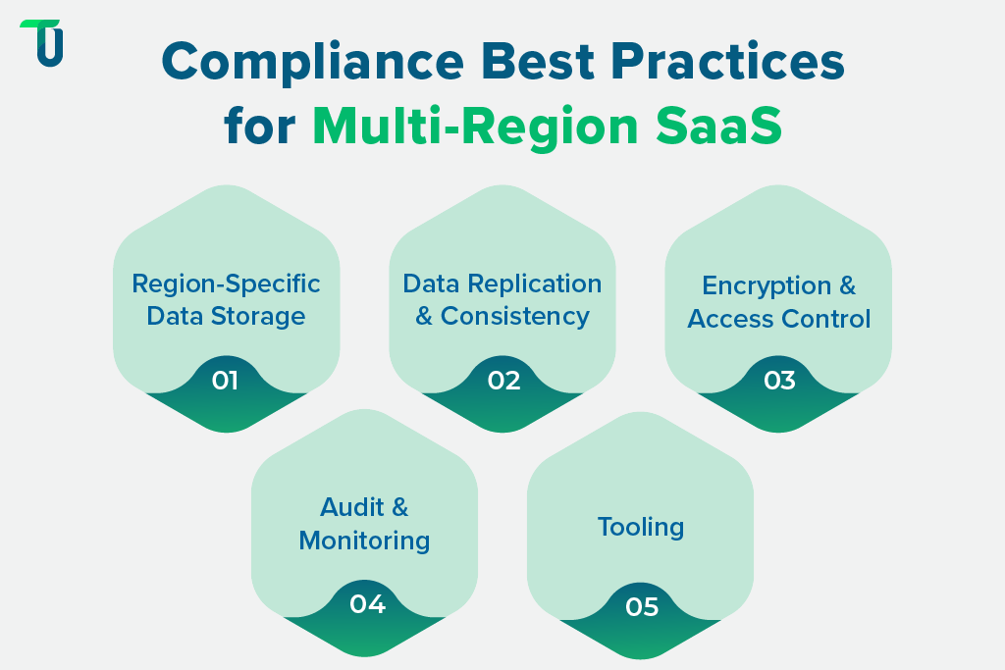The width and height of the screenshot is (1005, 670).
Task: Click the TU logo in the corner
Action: point(41,43)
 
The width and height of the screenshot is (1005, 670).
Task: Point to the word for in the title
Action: point(259,126)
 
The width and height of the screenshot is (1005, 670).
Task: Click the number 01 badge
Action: point(226,380)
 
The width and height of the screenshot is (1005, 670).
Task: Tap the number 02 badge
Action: point(502,380)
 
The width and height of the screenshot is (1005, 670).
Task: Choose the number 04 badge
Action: point(366,604)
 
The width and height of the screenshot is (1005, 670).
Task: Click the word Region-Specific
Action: point(226,284)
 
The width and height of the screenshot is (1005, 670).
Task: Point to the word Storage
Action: point(262,316)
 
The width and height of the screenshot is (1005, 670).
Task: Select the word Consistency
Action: point(514,316)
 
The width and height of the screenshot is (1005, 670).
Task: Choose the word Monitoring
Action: point(364,541)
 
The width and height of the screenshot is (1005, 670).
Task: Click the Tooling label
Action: point(641,527)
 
